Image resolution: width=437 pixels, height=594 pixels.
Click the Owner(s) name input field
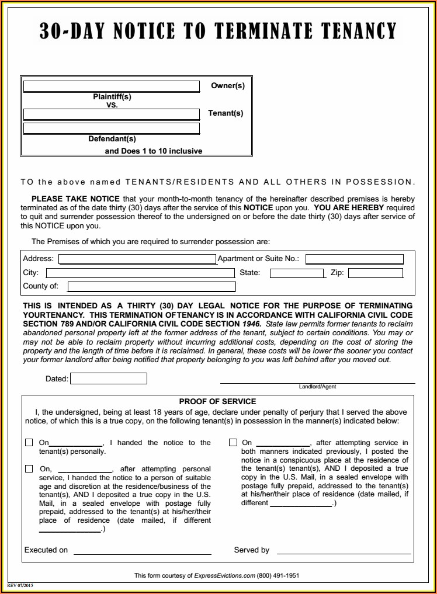[112, 86]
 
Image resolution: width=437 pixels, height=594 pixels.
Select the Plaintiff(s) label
[112, 97]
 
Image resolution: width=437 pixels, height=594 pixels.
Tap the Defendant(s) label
[112, 139]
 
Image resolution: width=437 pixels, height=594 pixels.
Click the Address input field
[137, 259]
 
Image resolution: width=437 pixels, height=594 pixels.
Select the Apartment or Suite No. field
[354, 259]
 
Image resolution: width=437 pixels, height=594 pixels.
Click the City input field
[140, 273]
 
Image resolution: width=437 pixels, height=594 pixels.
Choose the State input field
[296, 273]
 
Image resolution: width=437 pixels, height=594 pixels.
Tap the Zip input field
[376, 273]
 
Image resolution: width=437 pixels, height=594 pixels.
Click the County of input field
[152, 286]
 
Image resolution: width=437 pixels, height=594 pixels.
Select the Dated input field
[109, 379]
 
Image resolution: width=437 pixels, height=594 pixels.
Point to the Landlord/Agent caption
[317, 387]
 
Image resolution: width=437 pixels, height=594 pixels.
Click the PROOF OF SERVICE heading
[217, 401]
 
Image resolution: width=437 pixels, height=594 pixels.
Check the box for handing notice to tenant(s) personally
[29, 443]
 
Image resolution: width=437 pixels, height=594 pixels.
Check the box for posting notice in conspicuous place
[233, 443]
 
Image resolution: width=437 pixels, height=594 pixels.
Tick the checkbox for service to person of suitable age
[29, 468]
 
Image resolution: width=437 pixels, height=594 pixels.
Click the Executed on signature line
[142, 553]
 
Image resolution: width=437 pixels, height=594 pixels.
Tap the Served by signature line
[344, 553]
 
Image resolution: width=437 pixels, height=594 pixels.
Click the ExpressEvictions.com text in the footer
[225, 575]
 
